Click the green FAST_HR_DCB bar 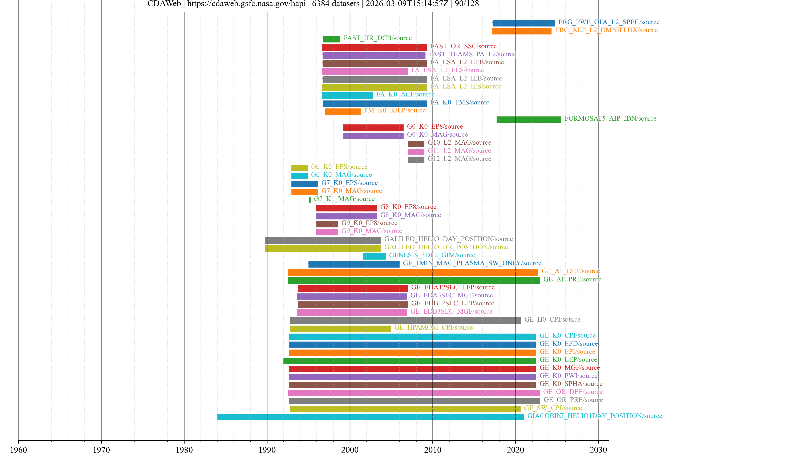point(331,39)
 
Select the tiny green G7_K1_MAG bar point(310,200)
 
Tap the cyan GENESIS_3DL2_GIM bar point(374,256)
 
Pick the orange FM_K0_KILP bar point(343,112)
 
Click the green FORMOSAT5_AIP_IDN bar point(529,119)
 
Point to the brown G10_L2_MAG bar point(416,144)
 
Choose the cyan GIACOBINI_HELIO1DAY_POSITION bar point(370,417)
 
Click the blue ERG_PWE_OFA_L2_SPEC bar point(523,23)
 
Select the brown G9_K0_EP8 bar point(327,224)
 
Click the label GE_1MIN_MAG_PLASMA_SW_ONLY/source point(472,263)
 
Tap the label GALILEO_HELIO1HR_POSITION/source point(446,247)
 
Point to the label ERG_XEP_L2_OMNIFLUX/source point(606,30)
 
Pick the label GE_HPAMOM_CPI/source point(433,327)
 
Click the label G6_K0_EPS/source point(339,167)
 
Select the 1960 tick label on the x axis point(19,450)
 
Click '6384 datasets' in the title point(335,4)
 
